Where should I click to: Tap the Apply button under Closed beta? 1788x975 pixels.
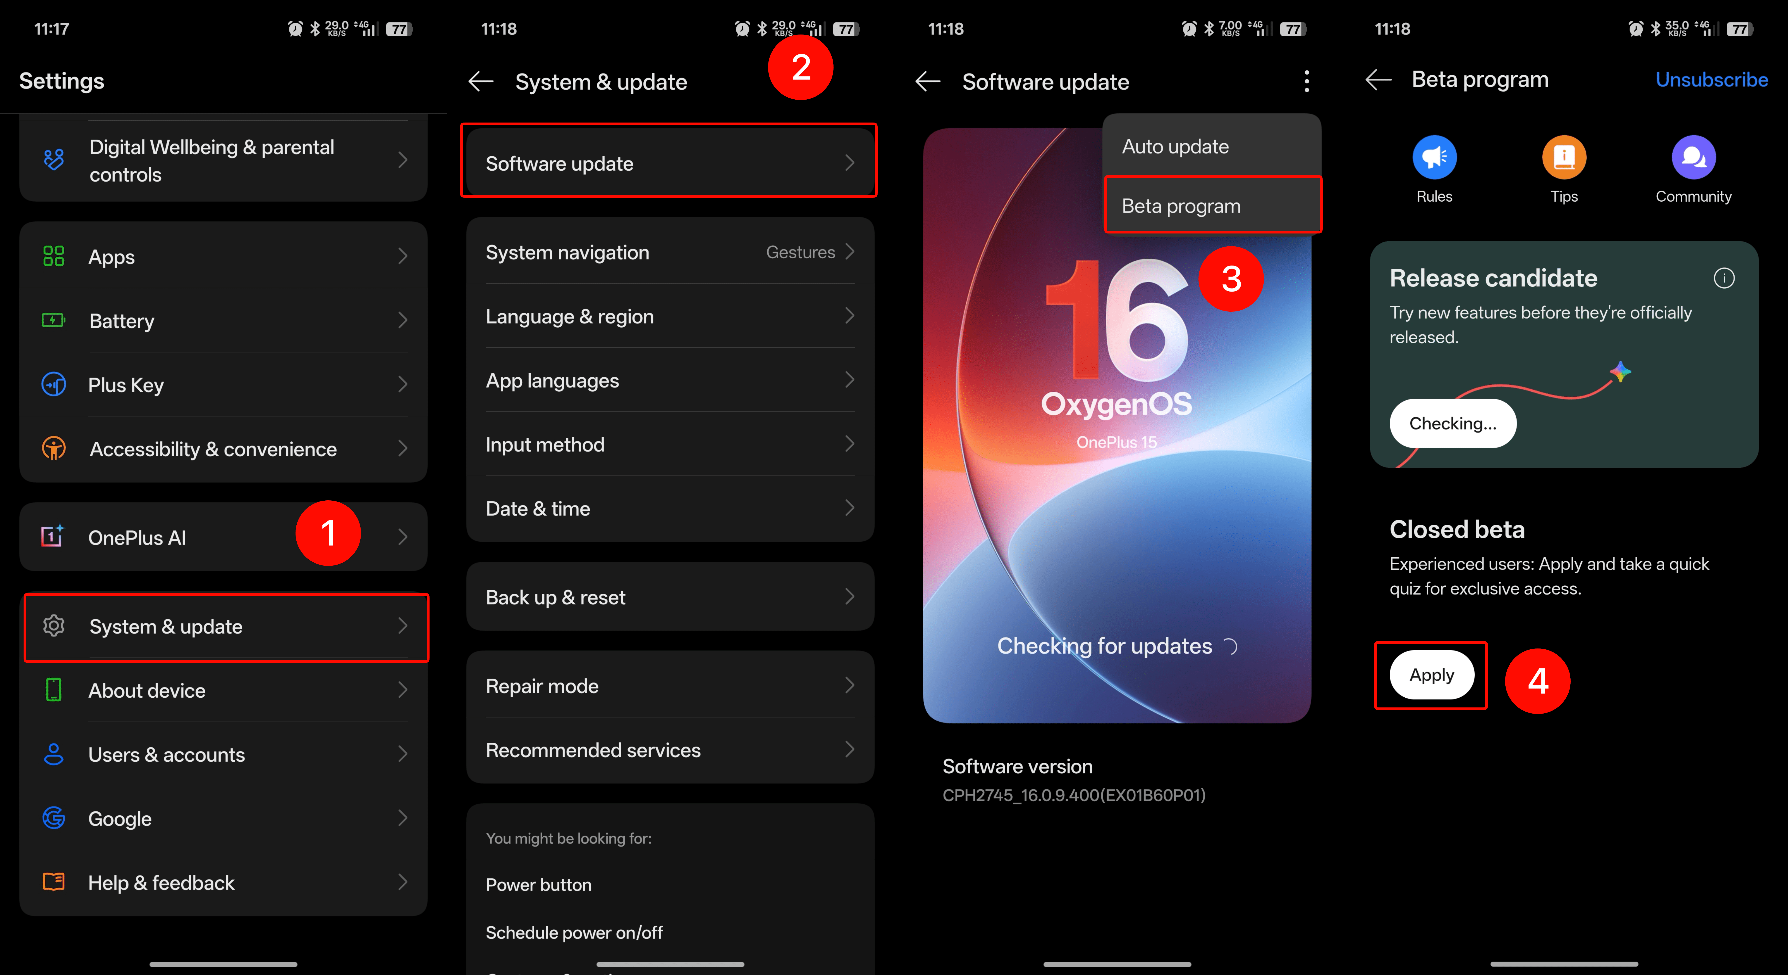[x=1431, y=675]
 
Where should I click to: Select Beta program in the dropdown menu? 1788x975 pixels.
[x=1181, y=206]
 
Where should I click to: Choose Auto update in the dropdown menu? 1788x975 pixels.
[x=1175, y=147]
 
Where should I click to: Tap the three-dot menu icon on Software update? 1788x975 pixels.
[x=1306, y=81]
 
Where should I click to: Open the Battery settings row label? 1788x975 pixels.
[x=122, y=322]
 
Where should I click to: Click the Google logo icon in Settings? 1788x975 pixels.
[x=53, y=818]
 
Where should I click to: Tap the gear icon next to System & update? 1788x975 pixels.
[x=53, y=626]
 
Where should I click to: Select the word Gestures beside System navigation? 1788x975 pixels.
[x=800, y=252]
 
